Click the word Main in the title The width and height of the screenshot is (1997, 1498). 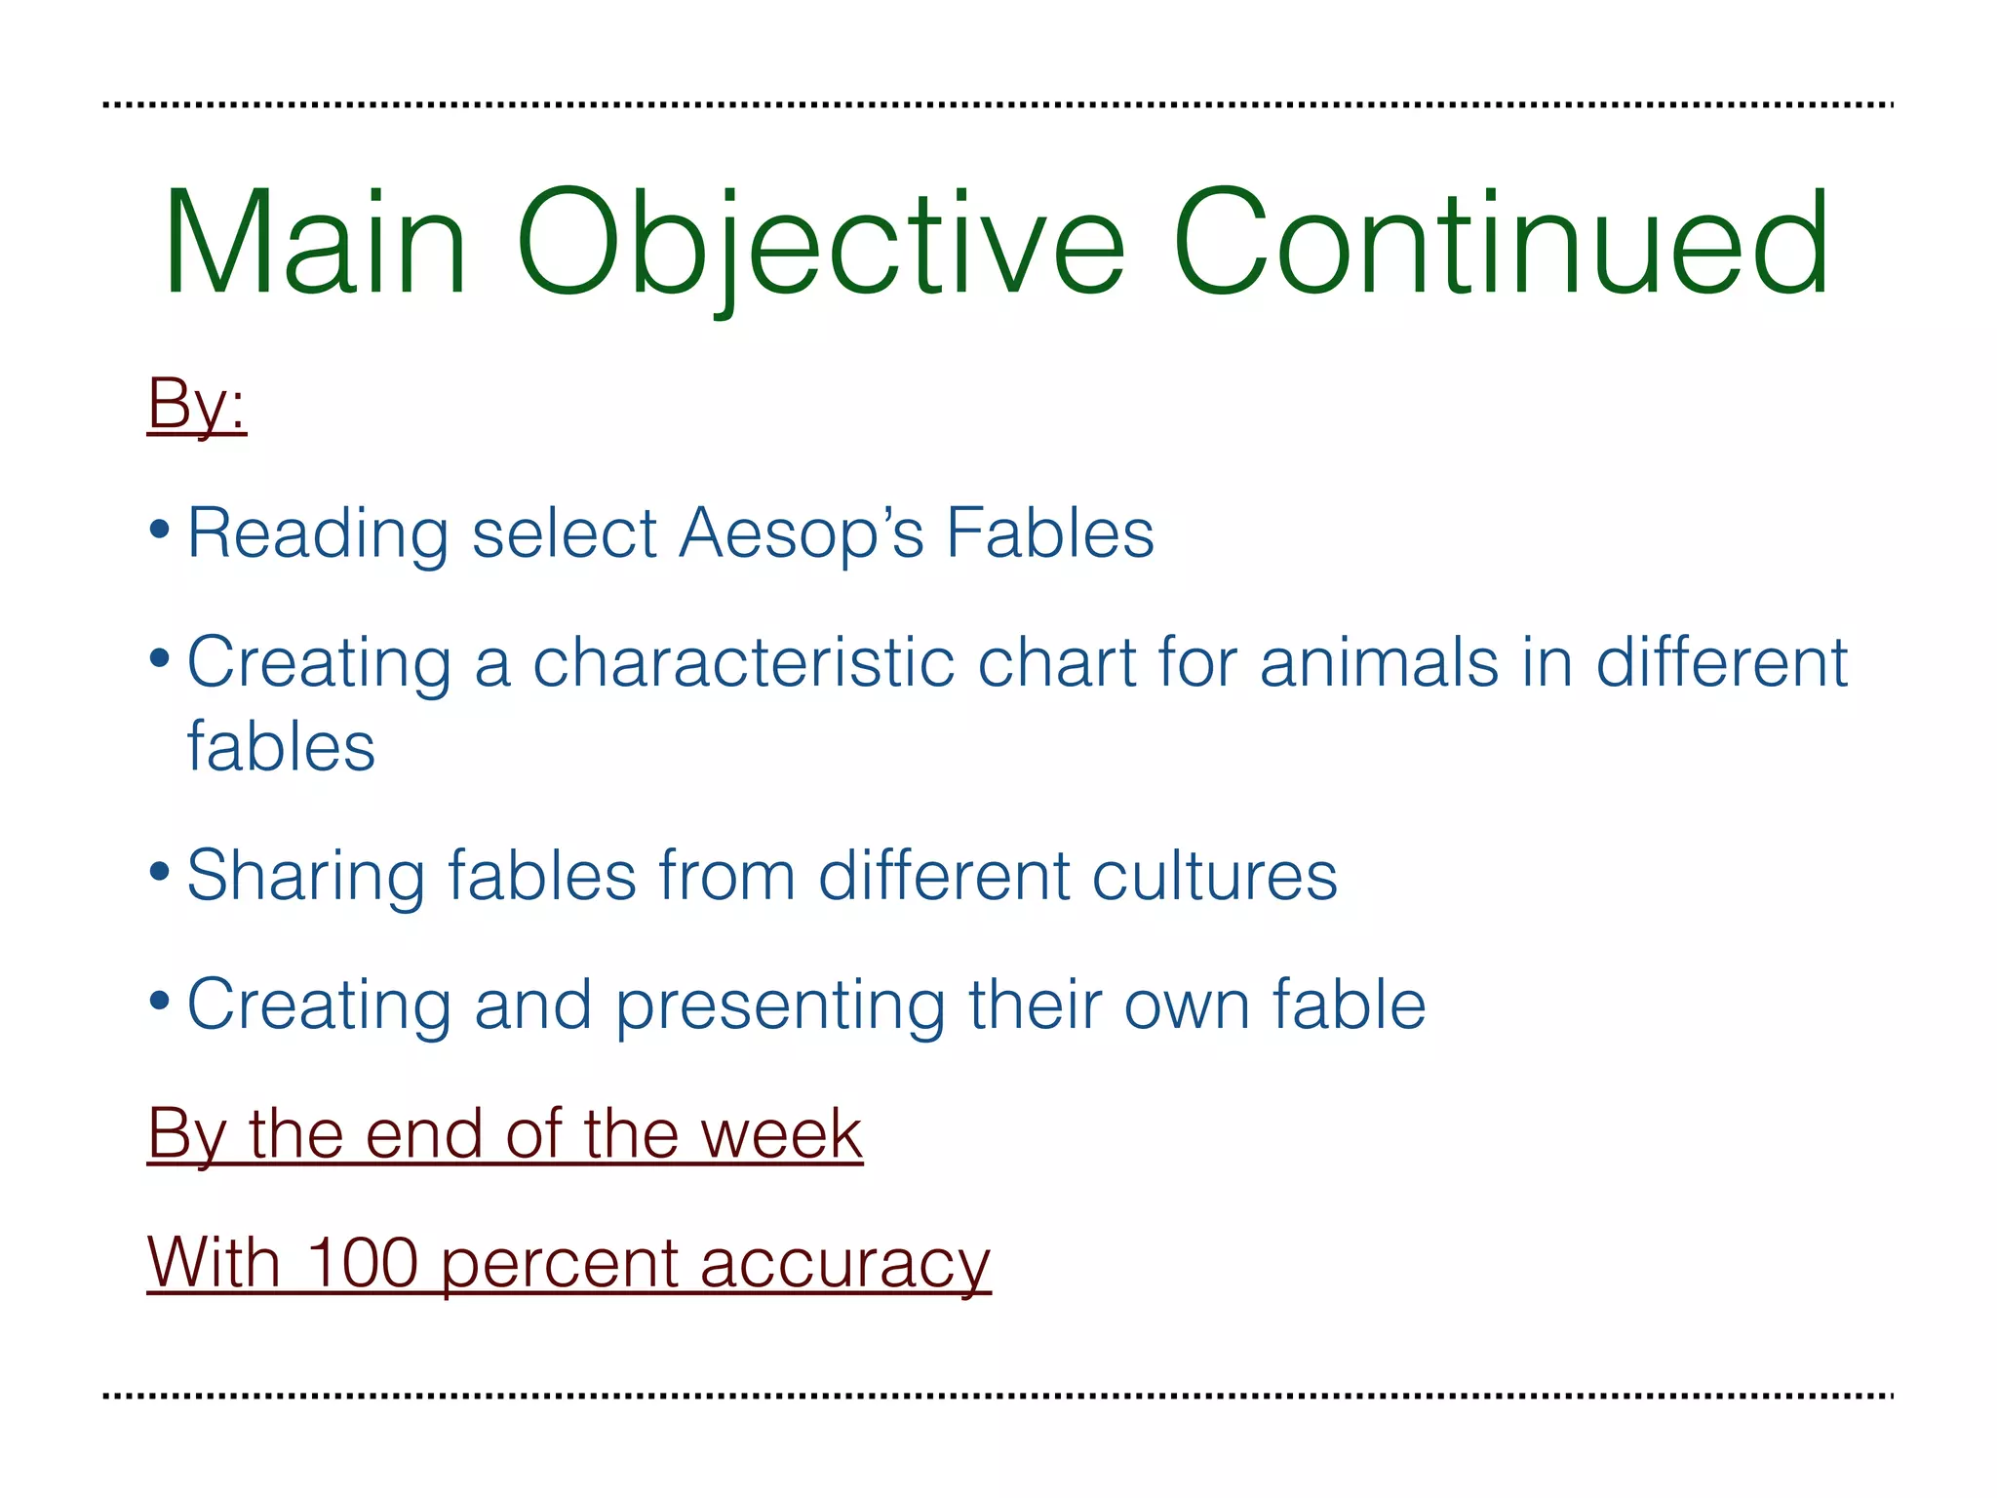coord(315,244)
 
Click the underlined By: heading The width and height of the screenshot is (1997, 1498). coord(196,403)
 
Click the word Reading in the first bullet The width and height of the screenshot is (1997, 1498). coord(318,535)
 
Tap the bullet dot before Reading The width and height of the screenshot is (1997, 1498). coord(160,532)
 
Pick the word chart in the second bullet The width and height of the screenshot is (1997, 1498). coord(1057,662)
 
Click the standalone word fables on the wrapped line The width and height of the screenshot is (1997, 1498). coord(281,747)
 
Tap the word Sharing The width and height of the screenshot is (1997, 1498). coord(305,877)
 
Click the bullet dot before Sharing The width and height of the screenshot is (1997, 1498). coord(160,871)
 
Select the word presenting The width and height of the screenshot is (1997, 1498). coord(780,1006)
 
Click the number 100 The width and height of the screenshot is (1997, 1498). coord(362,1263)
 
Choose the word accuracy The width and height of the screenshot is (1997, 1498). coord(844,1265)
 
